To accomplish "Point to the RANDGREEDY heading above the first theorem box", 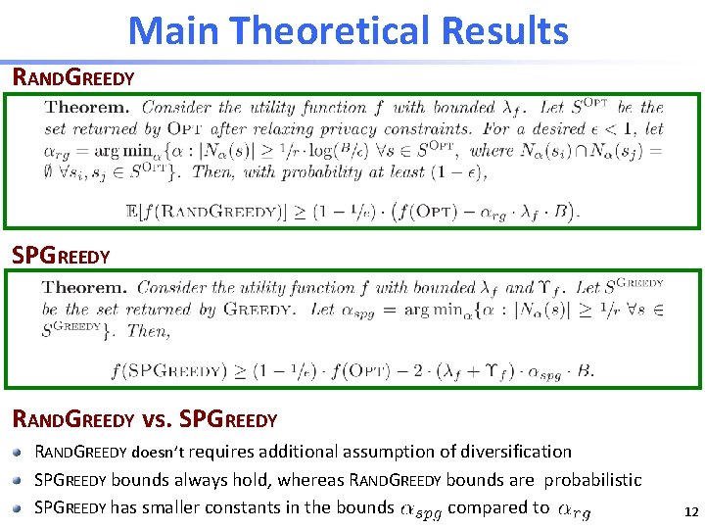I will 72,76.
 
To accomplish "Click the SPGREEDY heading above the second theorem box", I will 61,256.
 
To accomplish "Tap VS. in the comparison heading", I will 157,419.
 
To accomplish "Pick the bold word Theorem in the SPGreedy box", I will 86,287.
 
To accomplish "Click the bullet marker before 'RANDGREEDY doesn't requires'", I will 20,453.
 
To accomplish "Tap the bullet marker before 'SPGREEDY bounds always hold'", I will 20,480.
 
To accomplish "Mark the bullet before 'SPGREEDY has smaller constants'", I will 20,507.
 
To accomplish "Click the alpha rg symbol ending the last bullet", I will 573,508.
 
